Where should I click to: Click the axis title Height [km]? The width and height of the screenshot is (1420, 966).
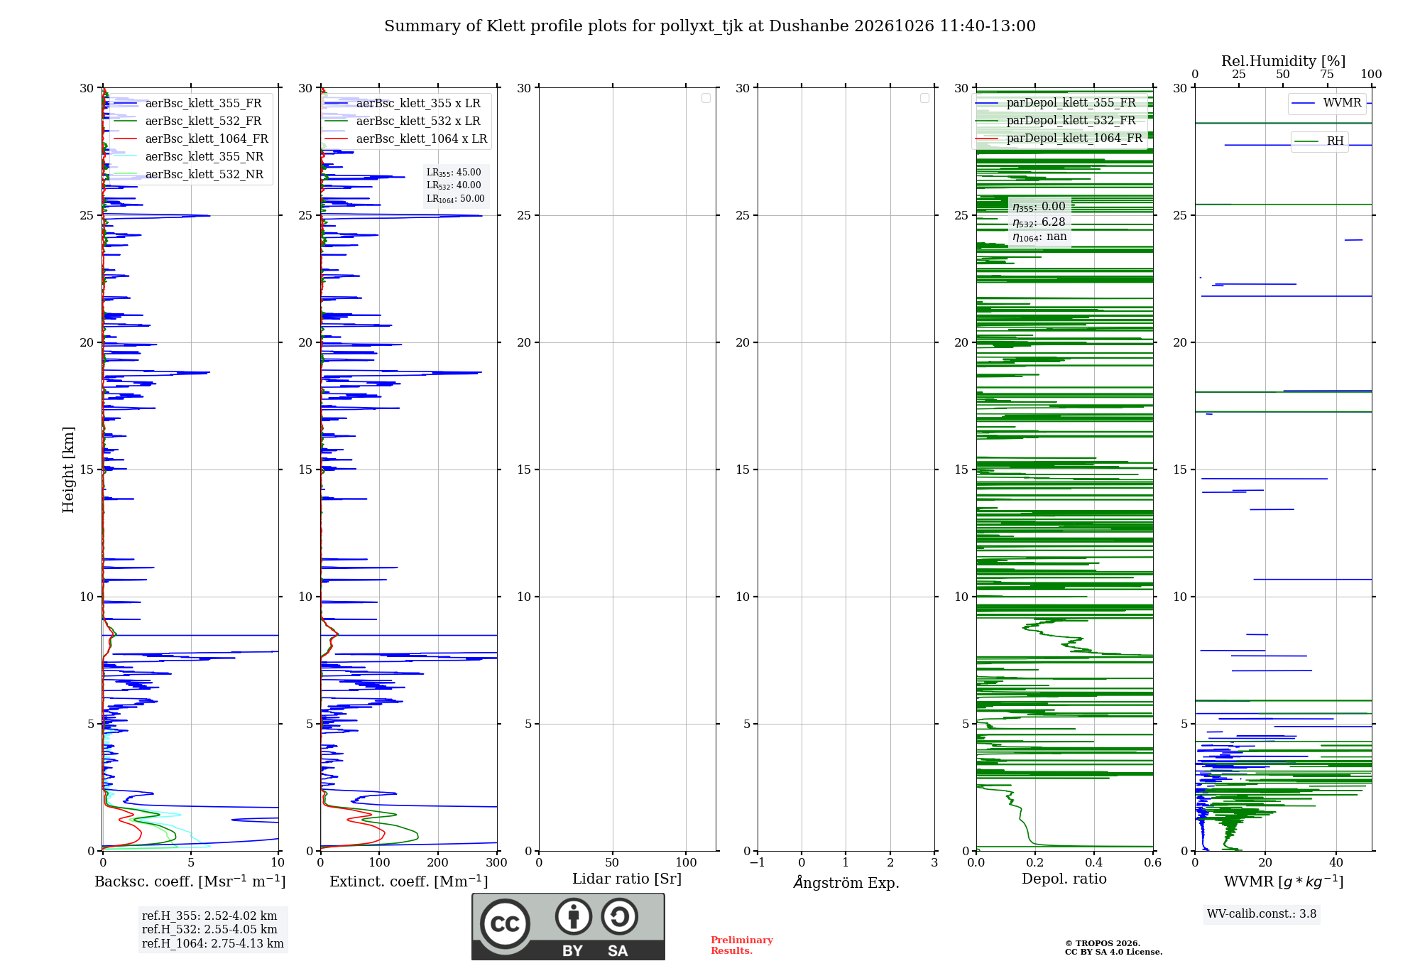pyautogui.click(x=68, y=470)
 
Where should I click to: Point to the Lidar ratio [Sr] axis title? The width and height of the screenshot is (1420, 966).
pyautogui.click(x=627, y=879)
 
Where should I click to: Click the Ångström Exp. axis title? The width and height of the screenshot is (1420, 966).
pyautogui.click(x=846, y=882)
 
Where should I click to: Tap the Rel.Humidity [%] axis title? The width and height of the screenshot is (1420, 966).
pyautogui.click(x=1284, y=61)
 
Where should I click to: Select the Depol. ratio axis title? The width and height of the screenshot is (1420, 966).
pyautogui.click(x=1064, y=879)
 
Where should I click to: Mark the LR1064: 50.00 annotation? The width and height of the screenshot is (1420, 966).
pyautogui.click(x=455, y=199)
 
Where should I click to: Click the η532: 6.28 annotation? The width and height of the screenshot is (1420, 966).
pyautogui.click(x=1039, y=222)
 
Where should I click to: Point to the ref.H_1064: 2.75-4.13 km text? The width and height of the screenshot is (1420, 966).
pyautogui.click(x=212, y=944)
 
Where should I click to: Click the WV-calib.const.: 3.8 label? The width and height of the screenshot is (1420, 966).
pyautogui.click(x=1262, y=914)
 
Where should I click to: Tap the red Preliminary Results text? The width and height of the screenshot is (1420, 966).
pyautogui.click(x=742, y=945)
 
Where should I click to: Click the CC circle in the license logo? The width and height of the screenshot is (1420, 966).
pyautogui.click(x=505, y=924)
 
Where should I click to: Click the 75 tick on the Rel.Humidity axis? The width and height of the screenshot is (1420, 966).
pyautogui.click(x=1327, y=75)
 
